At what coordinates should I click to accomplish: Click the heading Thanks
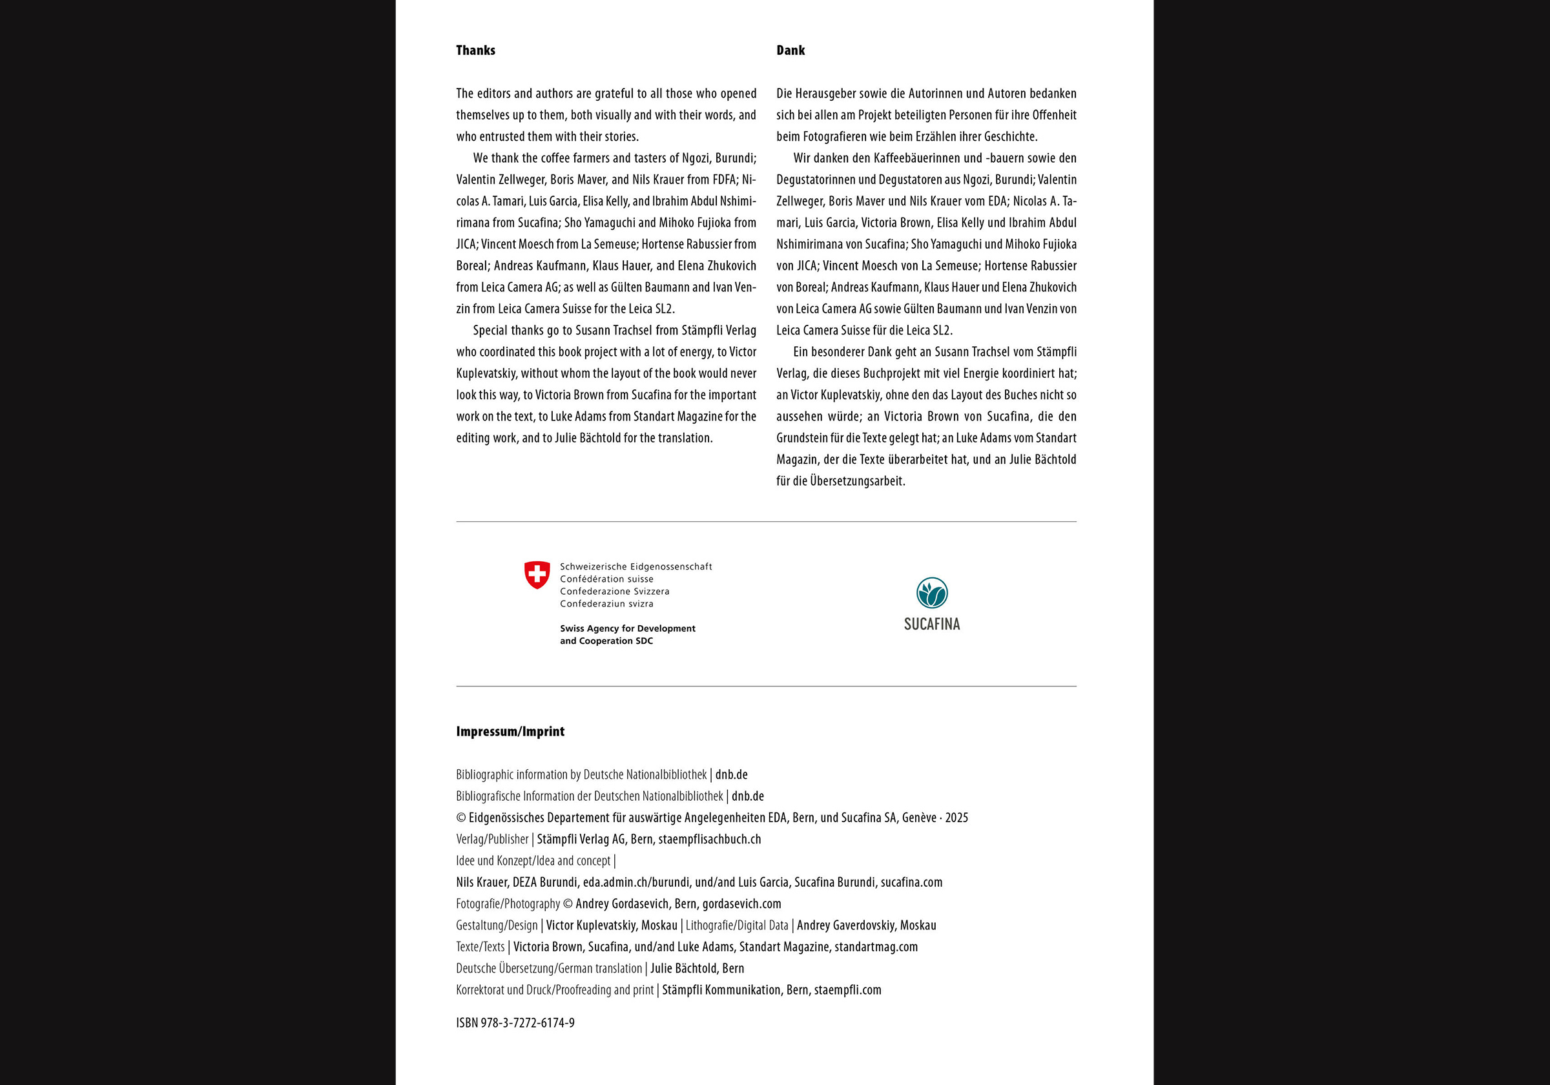click(x=475, y=50)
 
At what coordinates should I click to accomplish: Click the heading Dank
click(x=790, y=50)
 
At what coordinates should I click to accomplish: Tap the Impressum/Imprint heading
click(x=510, y=731)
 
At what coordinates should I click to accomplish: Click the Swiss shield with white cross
click(x=537, y=575)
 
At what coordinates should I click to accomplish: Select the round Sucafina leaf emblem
click(x=932, y=593)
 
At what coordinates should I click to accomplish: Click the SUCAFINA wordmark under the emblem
click(x=932, y=625)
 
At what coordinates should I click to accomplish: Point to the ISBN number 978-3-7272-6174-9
click(x=527, y=1023)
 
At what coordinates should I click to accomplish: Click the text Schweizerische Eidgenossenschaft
click(x=635, y=566)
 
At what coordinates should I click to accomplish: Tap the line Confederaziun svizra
click(x=606, y=604)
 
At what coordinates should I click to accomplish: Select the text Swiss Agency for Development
click(x=627, y=628)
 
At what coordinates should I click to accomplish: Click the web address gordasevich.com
click(x=741, y=904)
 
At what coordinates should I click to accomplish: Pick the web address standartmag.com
click(x=876, y=947)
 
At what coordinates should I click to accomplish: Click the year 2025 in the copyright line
click(x=956, y=818)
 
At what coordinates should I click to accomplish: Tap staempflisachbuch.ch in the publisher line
click(x=709, y=839)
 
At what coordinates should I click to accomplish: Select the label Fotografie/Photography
click(x=508, y=904)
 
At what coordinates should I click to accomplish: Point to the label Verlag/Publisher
click(x=491, y=839)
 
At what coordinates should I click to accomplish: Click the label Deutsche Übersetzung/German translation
click(x=548, y=969)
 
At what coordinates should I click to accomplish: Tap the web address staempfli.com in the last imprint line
click(x=847, y=991)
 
